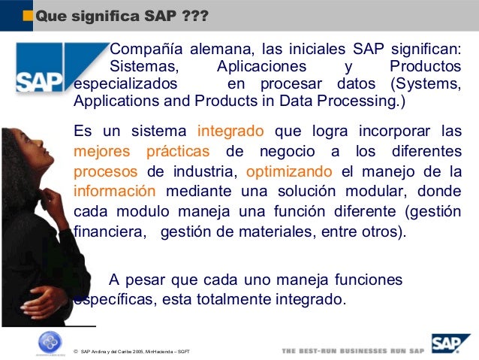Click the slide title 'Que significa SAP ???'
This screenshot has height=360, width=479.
click(x=122, y=15)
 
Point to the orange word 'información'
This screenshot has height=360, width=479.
click(x=115, y=190)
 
